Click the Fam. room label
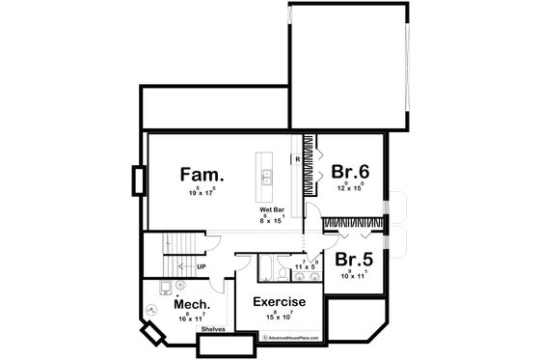202,176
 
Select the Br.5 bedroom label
353,260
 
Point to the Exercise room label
279,302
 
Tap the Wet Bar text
270,209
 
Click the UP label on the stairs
201,266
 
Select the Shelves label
213,329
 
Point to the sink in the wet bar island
265,177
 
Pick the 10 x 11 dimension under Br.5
353,276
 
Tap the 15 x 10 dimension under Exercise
280,317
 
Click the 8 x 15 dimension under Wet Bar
271,221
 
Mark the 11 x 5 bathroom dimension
305,263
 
